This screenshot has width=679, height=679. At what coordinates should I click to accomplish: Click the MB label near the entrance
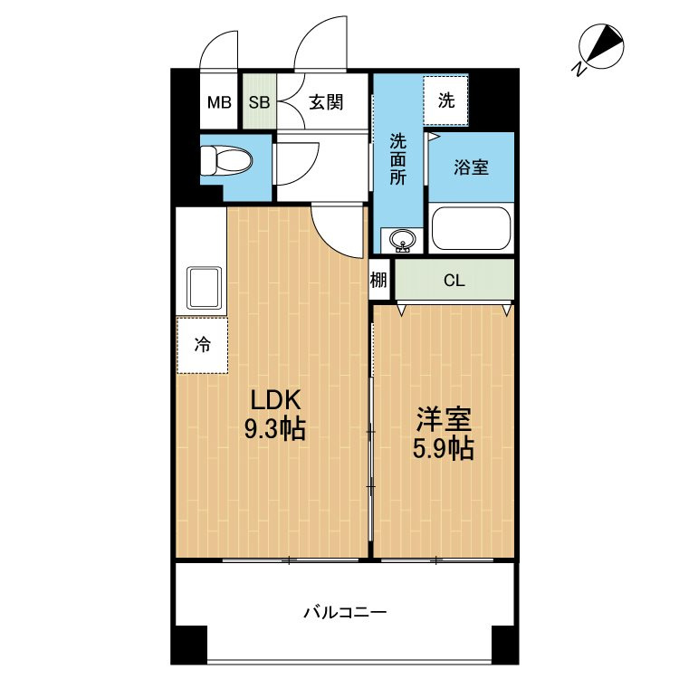[219, 101]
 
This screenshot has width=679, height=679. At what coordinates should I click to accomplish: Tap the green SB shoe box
[259, 101]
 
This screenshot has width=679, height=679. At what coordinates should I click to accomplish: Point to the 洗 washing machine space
[446, 100]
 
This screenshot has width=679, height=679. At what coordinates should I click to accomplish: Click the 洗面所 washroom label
[398, 159]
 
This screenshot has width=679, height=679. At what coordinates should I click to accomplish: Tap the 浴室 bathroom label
[471, 167]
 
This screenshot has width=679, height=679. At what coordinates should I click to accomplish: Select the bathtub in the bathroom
[471, 228]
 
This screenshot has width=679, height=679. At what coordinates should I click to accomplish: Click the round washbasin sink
[401, 240]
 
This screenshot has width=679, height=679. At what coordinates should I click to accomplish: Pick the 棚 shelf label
[378, 281]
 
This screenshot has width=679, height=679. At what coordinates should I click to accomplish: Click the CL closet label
[454, 281]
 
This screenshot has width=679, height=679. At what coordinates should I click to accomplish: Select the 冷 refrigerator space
[203, 344]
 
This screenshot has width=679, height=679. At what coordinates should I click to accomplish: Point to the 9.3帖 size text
[273, 429]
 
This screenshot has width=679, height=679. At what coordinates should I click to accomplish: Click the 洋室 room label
[444, 419]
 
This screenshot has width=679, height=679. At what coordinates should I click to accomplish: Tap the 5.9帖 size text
[444, 448]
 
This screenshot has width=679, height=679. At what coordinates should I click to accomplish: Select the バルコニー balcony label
[344, 613]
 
